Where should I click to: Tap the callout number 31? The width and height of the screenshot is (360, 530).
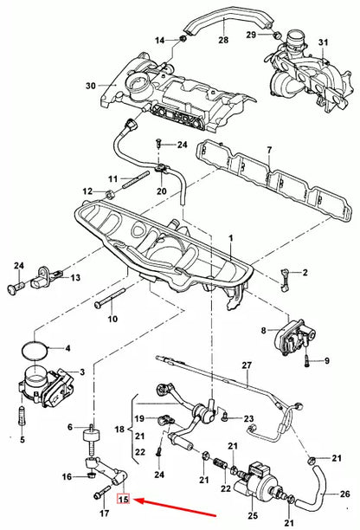tap(324, 42)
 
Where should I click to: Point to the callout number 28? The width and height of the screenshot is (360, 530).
tap(223, 41)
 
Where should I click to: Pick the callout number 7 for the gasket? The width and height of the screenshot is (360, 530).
tap(268, 151)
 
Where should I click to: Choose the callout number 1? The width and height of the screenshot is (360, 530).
tap(230, 237)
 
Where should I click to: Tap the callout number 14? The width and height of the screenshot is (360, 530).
tap(158, 41)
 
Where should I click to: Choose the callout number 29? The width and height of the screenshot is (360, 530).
tap(251, 34)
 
